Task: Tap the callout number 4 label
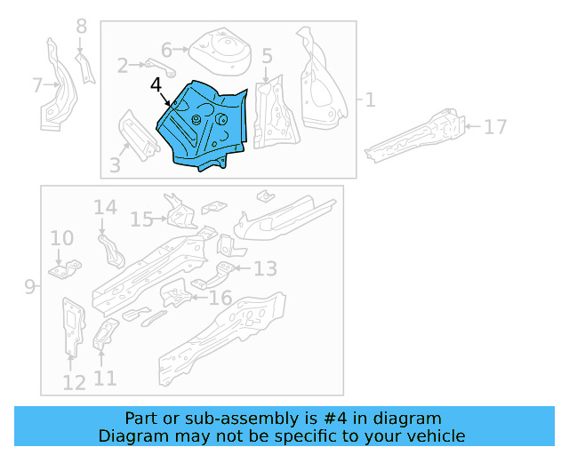click(156, 85)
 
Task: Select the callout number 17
click(495, 127)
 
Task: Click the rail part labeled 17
click(418, 136)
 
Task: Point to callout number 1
click(370, 100)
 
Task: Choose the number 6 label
click(166, 50)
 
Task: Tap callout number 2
click(123, 64)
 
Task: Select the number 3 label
click(115, 164)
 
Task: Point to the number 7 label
click(37, 85)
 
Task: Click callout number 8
click(82, 27)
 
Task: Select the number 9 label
click(29, 286)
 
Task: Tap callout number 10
click(61, 238)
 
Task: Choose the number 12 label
click(74, 382)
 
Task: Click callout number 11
click(105, 379)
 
